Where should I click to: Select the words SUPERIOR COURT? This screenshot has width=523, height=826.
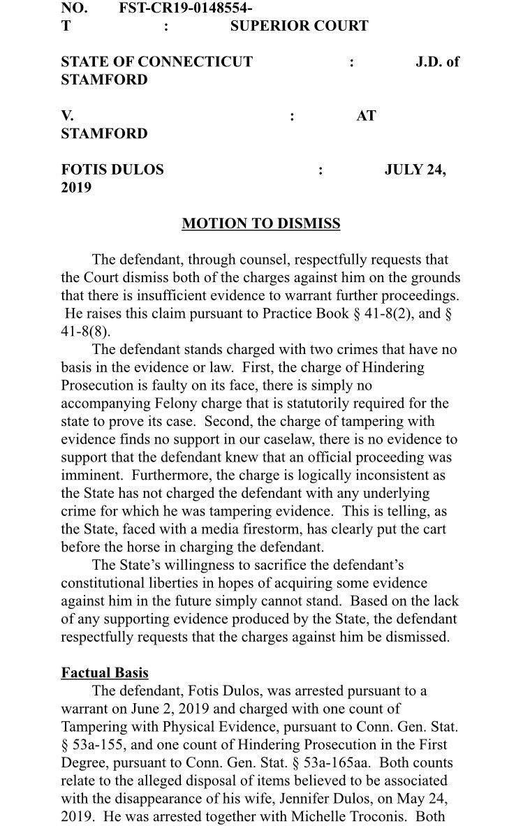pos(299,26)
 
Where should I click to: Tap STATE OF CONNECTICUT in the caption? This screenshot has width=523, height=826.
pos(156,61)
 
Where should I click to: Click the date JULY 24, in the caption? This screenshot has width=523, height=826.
pos(415,170)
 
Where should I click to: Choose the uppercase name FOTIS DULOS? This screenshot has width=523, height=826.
pos(112,170)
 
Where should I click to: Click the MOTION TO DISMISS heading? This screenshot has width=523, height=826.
pos(261,224)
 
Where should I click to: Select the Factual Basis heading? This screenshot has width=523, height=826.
pos(105,673)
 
